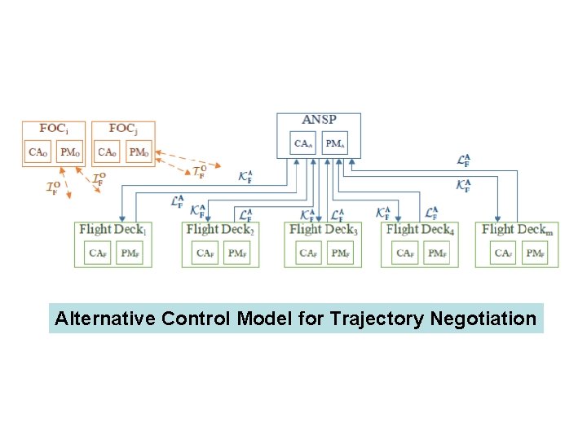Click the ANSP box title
319,121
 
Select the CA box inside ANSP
303,143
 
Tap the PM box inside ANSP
335,143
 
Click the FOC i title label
54,129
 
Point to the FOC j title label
122,129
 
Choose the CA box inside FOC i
38,152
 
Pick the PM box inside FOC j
139,152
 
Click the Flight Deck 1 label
113,231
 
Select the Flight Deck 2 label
220,231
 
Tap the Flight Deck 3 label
323,231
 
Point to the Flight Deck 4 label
420,231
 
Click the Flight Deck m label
517,231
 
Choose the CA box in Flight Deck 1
98,254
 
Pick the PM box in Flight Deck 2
237,254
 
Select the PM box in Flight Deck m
535,254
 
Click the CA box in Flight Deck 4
405,254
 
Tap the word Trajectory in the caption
375,319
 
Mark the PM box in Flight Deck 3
341,254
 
